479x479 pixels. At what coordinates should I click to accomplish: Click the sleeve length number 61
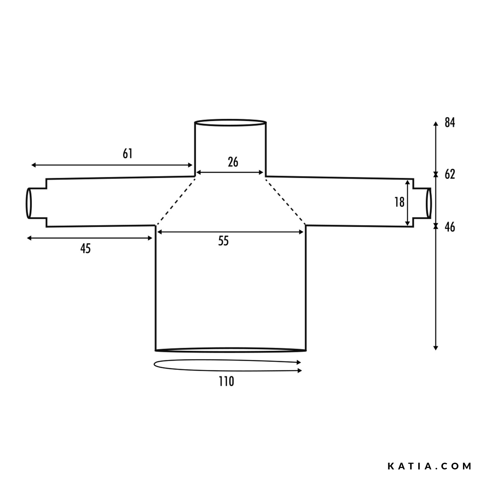(127, 154)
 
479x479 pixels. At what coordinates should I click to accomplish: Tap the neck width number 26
(233, 162)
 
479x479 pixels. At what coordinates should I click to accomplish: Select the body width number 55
(224, 241)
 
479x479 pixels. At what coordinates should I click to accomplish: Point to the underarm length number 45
(86, 248)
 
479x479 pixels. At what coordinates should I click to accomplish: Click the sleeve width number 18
(399, 202)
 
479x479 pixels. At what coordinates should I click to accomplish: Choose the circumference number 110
(226, 381)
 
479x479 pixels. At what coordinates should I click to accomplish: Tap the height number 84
(450, 123)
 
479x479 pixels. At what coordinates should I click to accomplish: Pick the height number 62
(450, 175)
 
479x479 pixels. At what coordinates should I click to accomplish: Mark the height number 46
(450, 227)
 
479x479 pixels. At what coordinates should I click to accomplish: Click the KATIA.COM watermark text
(430, 466)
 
